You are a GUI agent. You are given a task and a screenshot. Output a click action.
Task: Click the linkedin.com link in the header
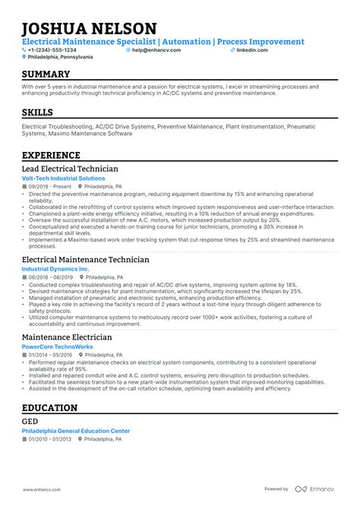point(251,49)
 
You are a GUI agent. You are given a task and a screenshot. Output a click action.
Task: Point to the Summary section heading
point(46,74)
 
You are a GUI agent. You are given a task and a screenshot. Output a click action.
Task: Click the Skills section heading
point(38,112)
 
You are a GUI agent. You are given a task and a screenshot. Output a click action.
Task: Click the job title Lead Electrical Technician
point(70,169)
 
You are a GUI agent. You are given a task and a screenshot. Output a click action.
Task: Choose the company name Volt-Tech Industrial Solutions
point(63,179)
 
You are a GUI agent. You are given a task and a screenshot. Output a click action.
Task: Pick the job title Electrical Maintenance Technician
point(85,259)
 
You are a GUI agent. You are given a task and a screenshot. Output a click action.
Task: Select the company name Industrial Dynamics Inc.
point(55,269)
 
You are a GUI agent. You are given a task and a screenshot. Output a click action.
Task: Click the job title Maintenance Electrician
point(67,337)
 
